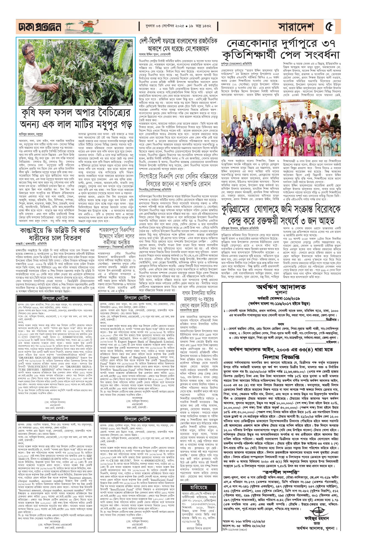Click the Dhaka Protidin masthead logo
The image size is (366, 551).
[x=38, y=27]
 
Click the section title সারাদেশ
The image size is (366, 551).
[x=296, y=27]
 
